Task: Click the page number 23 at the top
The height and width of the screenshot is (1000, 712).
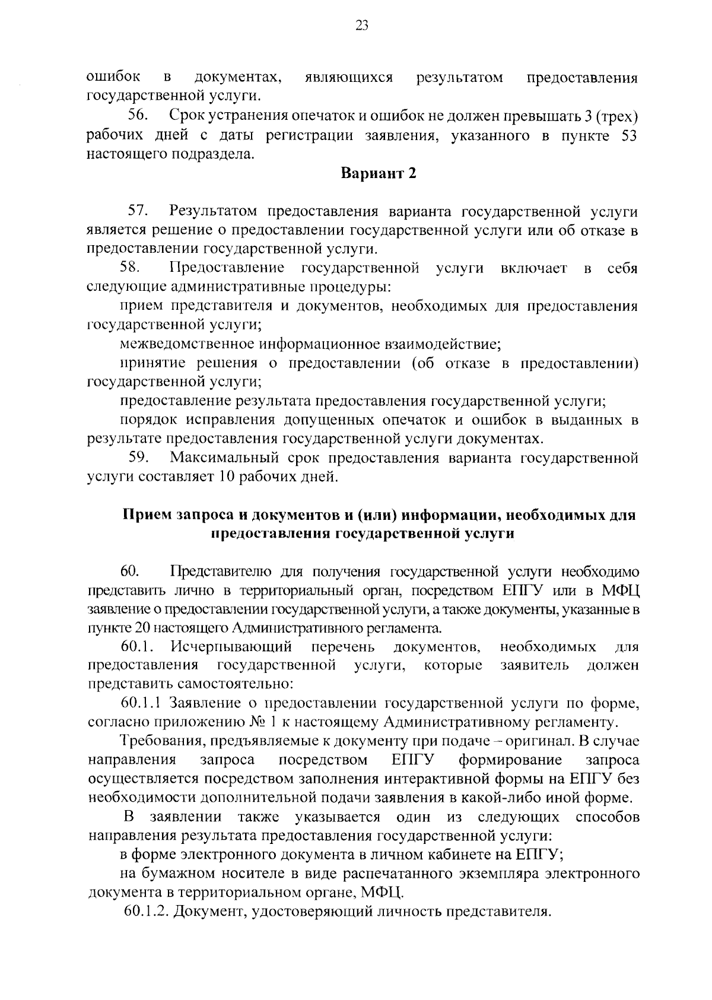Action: (362, 26)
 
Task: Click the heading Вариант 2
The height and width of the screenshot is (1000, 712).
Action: (379, 173)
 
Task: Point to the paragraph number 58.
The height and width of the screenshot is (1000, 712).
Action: (138, 268)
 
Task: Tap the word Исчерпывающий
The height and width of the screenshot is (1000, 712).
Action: (231, 646)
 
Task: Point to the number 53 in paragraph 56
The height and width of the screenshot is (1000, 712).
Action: (628, 136)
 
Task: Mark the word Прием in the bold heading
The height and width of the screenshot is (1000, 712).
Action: (145, 515)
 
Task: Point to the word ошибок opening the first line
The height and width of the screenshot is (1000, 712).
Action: (114, 78)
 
